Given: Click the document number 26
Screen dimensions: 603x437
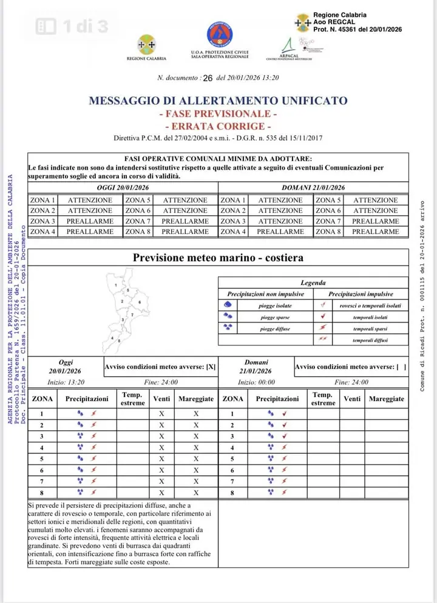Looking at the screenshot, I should pyautogui.click(x=208, y=78).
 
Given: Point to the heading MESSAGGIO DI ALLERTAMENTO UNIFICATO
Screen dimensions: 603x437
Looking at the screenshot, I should pyautogui.click(x=218, y=101).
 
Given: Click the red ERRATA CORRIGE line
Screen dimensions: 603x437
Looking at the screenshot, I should pyautogui.click(x=218, y=126).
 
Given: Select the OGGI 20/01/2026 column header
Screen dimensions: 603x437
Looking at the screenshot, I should pyautogui.click(x=123, y=188).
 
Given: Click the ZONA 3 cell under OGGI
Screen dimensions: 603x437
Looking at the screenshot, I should pyautogui.click(x=42, y=221).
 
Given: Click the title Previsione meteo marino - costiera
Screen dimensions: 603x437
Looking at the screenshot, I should pyautogui.click(x=218, y=258).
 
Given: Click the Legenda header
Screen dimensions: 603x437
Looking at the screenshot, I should pyautogui.click(x=313, y=282).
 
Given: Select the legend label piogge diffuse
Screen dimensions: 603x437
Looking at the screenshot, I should pyautogui.click(x=274, y=328).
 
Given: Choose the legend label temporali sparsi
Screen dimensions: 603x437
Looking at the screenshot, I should pyautogui.click(x=370, y=328).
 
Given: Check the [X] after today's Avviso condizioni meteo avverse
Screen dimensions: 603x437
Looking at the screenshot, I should pyautogui.click(x=211, y=367).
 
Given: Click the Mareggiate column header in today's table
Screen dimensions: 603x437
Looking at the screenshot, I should pyautogui.click(x=196, y=399).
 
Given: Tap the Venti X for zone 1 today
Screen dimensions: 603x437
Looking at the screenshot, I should pyautogui.click(x=161, y=414).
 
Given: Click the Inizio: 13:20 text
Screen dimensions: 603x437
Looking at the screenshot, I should pyautogui.click(x=66, y=382).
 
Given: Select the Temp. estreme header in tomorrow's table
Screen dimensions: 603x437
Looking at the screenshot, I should pyautogui.click(x=323, y=399).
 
